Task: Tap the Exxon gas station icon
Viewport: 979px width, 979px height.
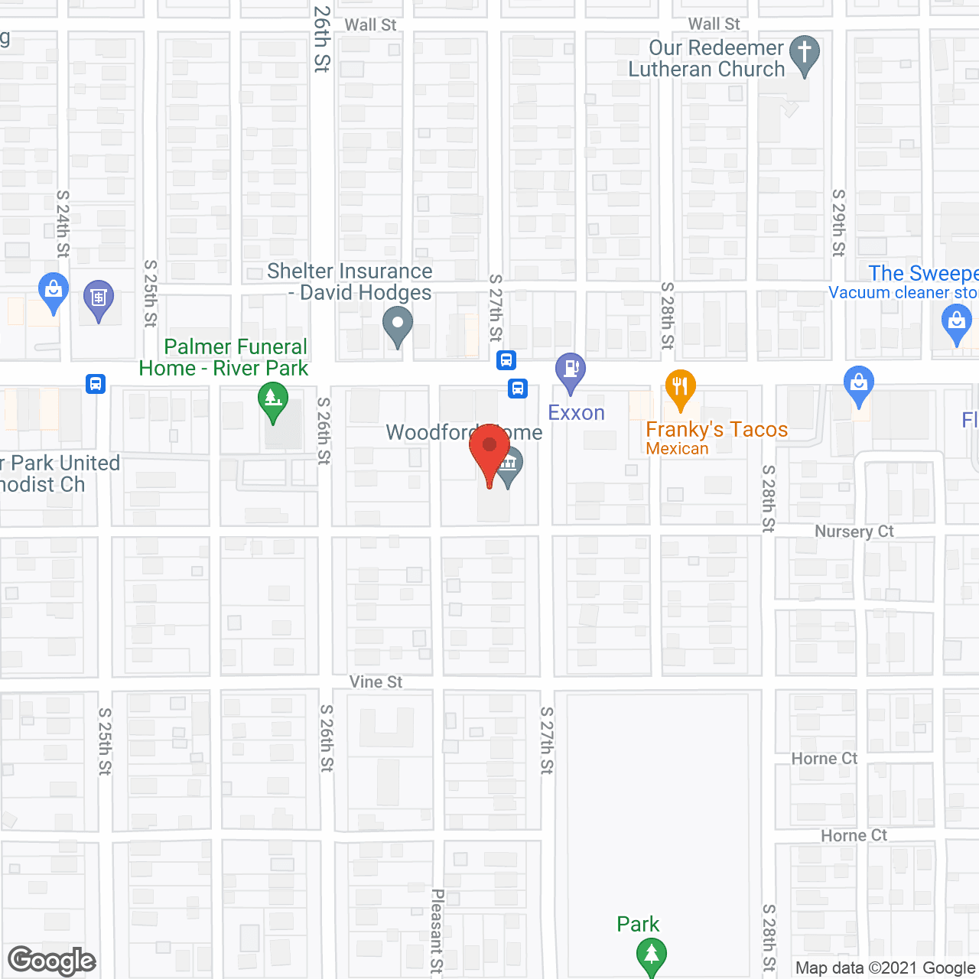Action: click(570, 371)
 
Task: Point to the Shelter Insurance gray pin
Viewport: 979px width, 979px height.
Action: click(397, 326)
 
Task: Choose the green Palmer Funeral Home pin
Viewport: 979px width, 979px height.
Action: click(273, 402)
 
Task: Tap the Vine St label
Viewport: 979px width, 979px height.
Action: click(376, 681)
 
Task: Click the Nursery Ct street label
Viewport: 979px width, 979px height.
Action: click(854, 532)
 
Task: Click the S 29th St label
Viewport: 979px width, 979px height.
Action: click(839, 223)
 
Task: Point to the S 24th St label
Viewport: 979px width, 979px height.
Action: click(63, 224)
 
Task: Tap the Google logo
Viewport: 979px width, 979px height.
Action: click(52, 961)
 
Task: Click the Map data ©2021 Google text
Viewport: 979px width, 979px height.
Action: click(886, 968)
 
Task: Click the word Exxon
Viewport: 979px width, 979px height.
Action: click(576, 413)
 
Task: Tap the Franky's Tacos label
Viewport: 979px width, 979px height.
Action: click(717, 430)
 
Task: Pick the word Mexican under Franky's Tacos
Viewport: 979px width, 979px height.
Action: click(677, 449)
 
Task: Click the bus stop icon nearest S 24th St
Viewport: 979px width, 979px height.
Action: click(96, 383)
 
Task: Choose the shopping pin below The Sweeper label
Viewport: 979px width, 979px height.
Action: click(956, 323)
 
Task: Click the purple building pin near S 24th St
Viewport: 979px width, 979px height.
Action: click(99, 299)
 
